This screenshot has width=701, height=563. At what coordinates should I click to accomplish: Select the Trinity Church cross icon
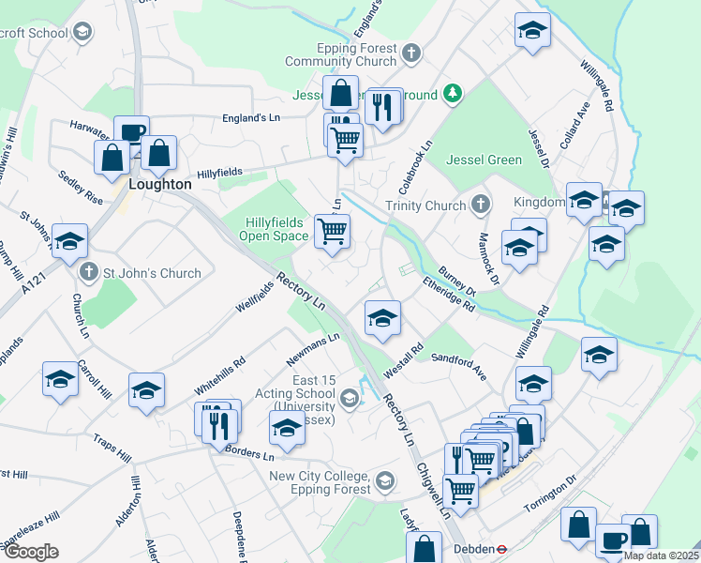[x=480, y=205]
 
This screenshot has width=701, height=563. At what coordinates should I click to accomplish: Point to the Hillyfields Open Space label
[x=276, y=229]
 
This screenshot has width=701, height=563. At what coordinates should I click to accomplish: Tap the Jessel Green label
[x=484, y=160]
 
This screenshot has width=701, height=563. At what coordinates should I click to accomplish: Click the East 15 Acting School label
[x=301, y=393]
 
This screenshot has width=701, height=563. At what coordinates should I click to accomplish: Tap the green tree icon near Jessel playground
[x=453, y=92]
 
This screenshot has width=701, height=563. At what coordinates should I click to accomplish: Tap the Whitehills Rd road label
[x=219, y=374]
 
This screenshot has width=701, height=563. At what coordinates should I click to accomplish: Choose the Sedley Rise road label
[x=80, y=188]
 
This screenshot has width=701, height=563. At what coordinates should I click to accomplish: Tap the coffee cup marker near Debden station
[x=613, y=540]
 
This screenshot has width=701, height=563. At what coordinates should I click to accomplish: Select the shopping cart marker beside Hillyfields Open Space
[x=332, y=230]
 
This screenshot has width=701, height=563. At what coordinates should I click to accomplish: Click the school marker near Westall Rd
[x=382, y=319]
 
